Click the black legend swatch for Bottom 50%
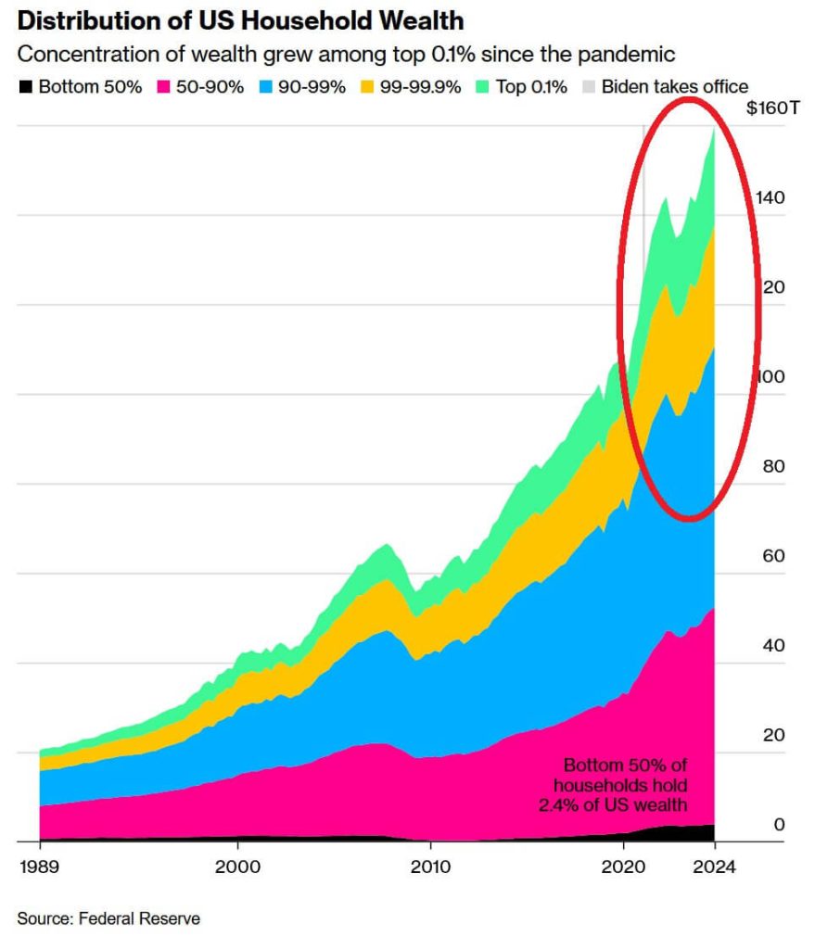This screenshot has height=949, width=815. coord(25,87)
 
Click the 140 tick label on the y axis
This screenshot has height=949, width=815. coord(770,198)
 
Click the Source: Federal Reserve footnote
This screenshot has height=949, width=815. coord(108,918)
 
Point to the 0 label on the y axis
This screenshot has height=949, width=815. coord(779,825)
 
